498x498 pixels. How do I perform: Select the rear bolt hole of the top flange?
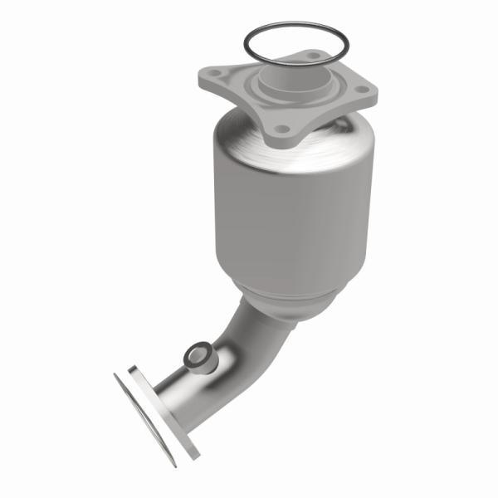[313, 56]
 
